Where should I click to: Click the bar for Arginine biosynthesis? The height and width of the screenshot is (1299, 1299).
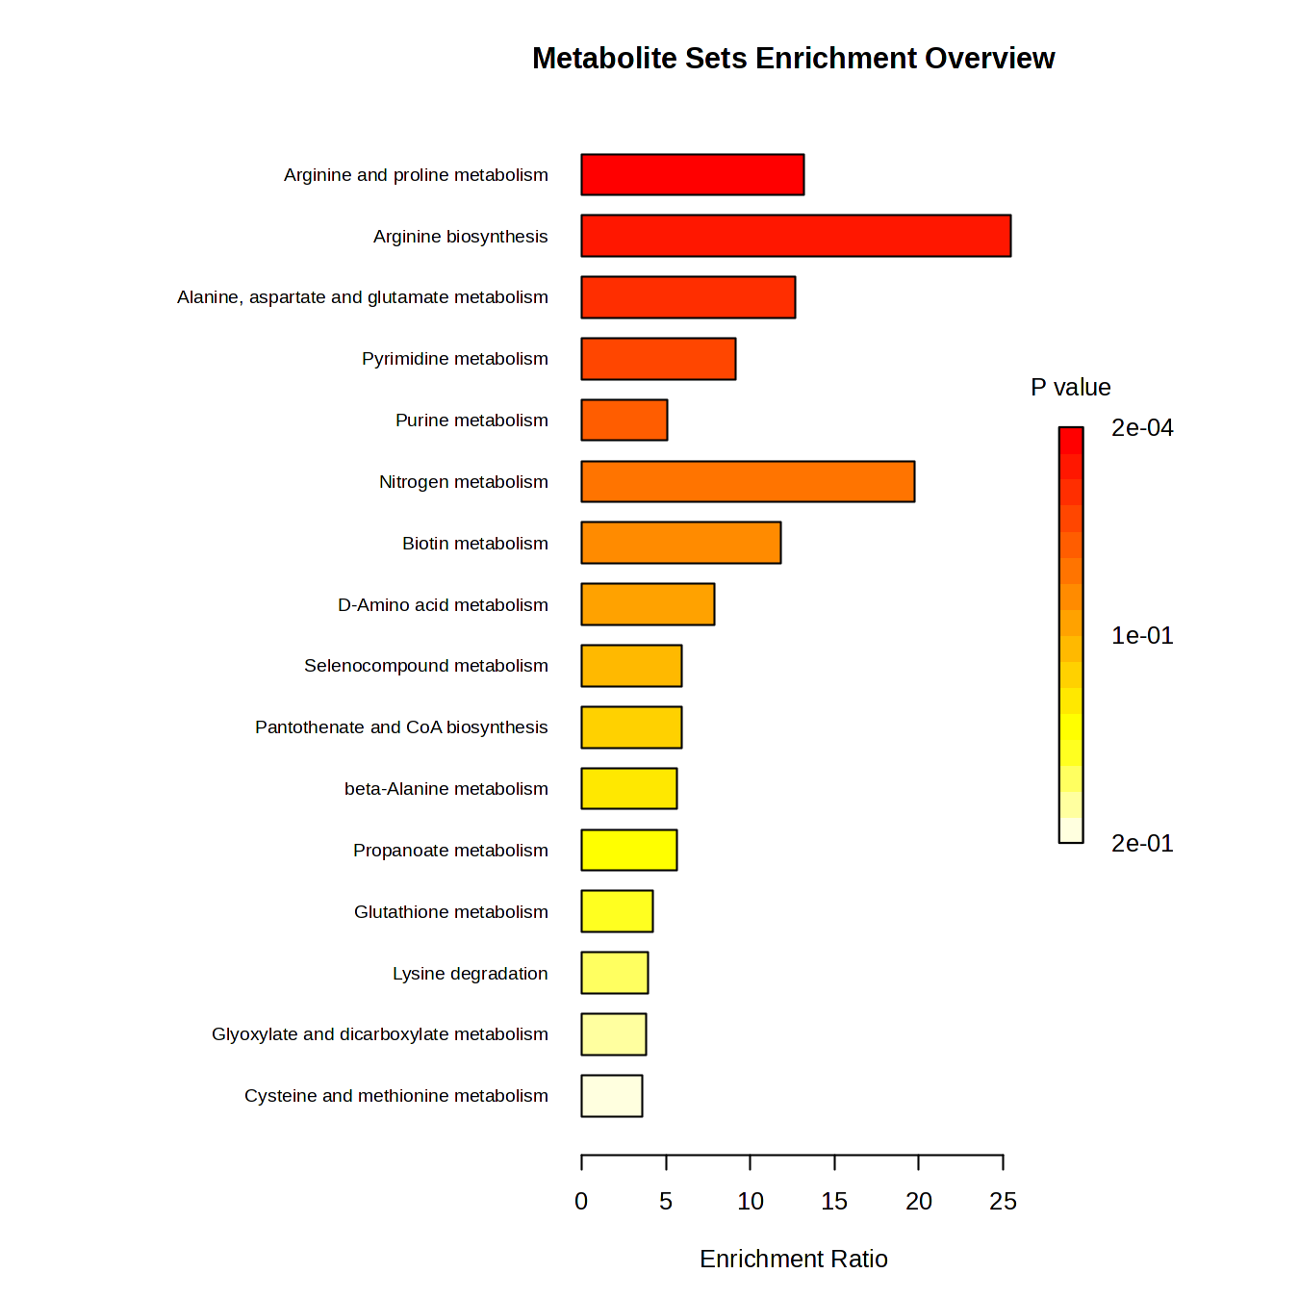click(796, 236)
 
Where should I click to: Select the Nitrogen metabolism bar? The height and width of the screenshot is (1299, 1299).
click(748, 481)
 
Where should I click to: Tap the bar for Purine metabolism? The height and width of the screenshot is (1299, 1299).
click(624, 420)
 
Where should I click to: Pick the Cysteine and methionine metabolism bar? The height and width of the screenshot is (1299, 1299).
click(611, 1096)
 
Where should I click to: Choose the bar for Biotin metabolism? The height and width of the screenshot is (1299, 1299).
click(680, 543)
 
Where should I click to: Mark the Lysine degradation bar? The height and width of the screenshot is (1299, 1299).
click(614, 973)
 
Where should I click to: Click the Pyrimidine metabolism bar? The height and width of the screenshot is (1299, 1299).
click(658, 359)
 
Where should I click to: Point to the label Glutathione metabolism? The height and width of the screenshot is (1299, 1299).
click(450, 911)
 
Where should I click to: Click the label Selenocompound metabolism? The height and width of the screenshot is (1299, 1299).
click(425, 666)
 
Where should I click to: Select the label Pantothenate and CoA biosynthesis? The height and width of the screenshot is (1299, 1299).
click(401, 727)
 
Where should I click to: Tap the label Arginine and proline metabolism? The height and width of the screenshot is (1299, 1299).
click(416, 175)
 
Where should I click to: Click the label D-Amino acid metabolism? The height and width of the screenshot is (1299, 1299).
click(443, 605)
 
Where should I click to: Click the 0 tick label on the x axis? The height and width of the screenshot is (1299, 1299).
click(581, 1201)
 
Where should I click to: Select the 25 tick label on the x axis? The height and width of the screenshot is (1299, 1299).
click(1003, 1201)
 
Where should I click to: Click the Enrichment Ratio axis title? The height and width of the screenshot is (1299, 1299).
click(793, 1259)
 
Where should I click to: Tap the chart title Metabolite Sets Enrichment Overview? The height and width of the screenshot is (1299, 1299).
click(793, 59)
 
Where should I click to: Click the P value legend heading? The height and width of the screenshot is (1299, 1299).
click(1070, 387)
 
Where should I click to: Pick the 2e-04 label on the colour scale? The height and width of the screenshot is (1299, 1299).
click(1142, 428)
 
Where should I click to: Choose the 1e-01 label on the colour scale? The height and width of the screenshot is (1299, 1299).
click(1142, 636)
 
